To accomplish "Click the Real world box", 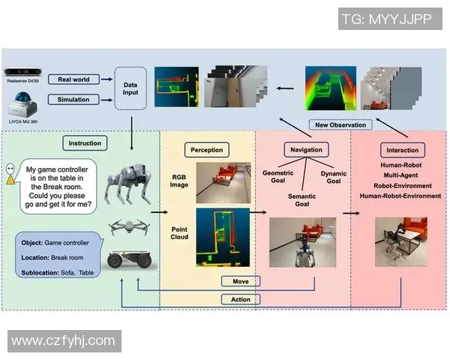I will point(73,79).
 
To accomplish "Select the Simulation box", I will point(73,100).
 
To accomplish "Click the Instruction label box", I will point(84,142).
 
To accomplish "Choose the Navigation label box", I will point(306,150).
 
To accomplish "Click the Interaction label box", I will point(403,150).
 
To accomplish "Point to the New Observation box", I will point(340,124).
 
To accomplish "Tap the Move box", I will point(241,282).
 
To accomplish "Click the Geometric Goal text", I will point(277,177).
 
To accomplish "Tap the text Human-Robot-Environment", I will point(400,196).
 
